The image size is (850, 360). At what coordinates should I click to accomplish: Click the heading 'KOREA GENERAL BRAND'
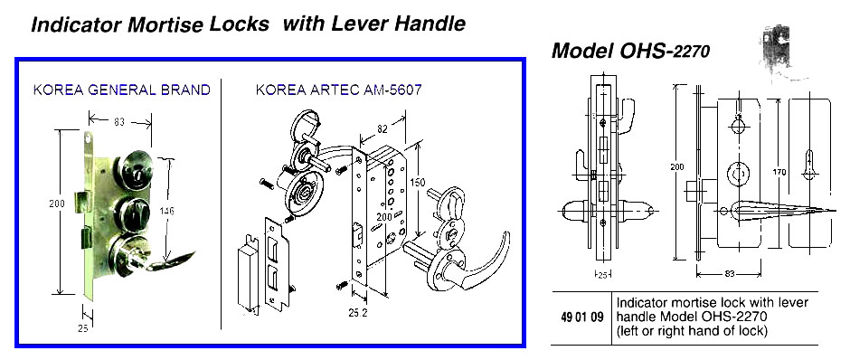coord(121,90)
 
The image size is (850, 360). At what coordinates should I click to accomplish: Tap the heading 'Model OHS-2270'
coord(630,52)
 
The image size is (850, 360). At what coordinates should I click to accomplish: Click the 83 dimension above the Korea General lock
coord(118,120)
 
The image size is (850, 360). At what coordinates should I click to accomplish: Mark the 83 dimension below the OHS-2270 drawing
coord(730,271)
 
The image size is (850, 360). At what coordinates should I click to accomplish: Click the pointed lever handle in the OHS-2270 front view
coord(787,211)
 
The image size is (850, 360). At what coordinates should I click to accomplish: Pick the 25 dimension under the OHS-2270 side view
coord(600,274)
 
